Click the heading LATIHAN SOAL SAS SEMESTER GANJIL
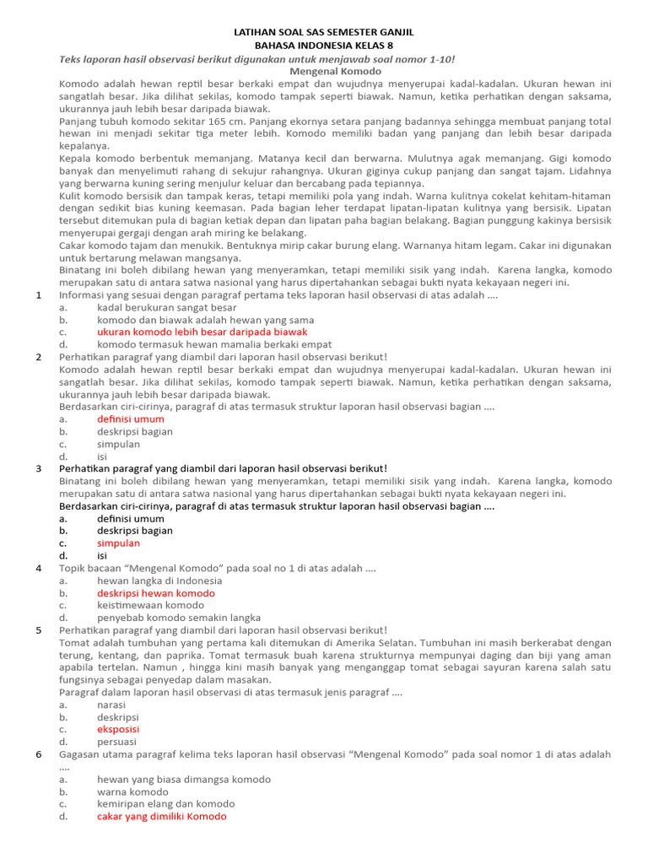324,31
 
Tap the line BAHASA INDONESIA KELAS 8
324,45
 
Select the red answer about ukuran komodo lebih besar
202,332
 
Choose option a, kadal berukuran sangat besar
166,308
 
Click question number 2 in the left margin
39,357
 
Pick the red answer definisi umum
130,419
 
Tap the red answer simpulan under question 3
118,543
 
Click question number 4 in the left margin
39,569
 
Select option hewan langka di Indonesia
159,580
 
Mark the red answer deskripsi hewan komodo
156,593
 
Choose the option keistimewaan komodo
150,606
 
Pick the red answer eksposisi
118,729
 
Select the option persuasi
116,742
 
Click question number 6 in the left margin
39,754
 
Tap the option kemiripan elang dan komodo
165,804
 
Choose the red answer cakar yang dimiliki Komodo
161,817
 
